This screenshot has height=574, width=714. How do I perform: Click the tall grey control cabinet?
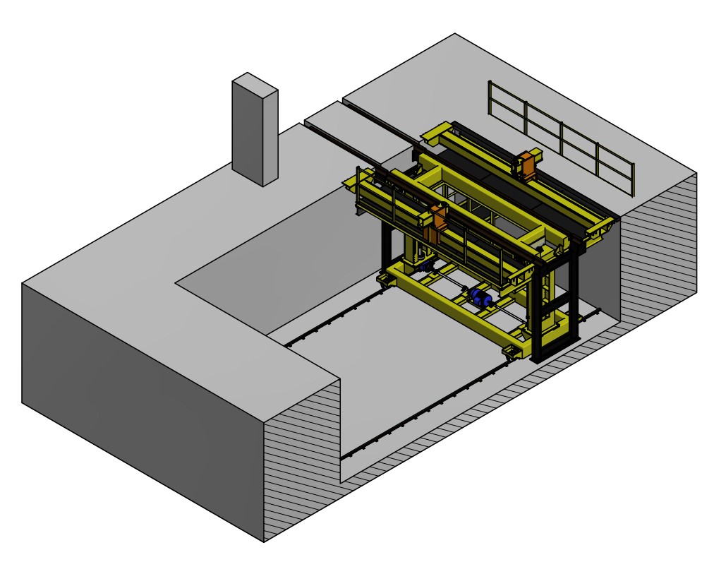tap(255, 131)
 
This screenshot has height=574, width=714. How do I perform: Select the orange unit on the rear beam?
tap(528, 164)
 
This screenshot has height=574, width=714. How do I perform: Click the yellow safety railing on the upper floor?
tap(561, 138)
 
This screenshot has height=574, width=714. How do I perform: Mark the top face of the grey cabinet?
tap(255, 82)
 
